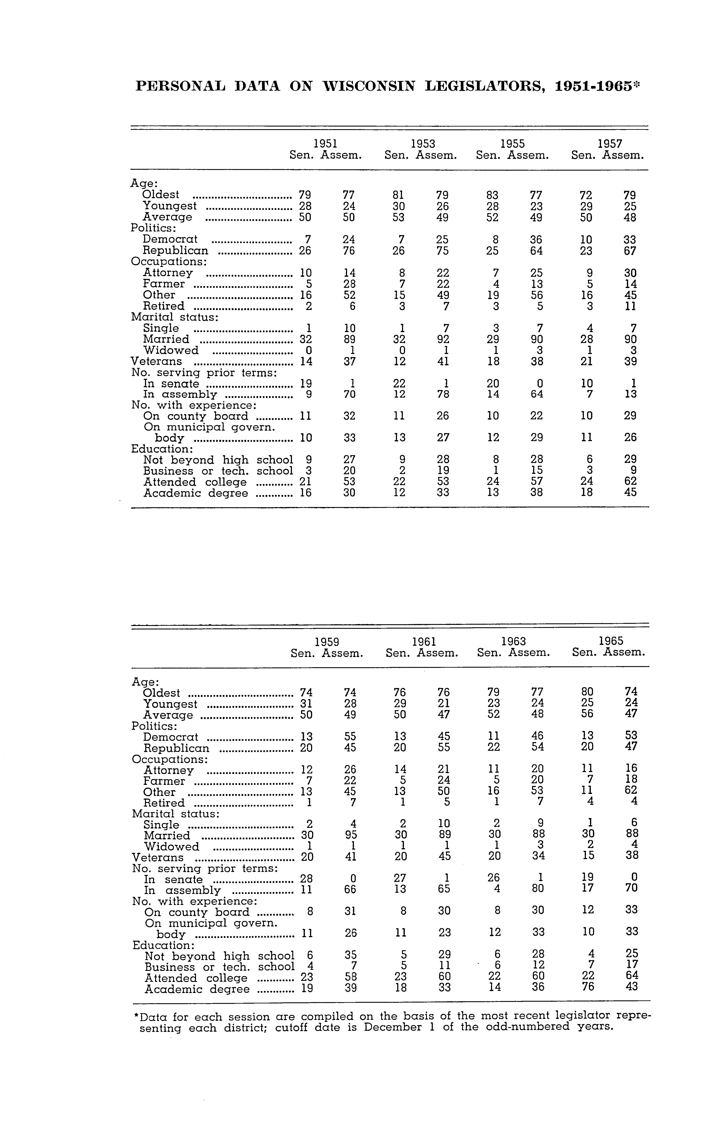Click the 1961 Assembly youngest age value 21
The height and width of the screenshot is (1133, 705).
pos(444,703)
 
